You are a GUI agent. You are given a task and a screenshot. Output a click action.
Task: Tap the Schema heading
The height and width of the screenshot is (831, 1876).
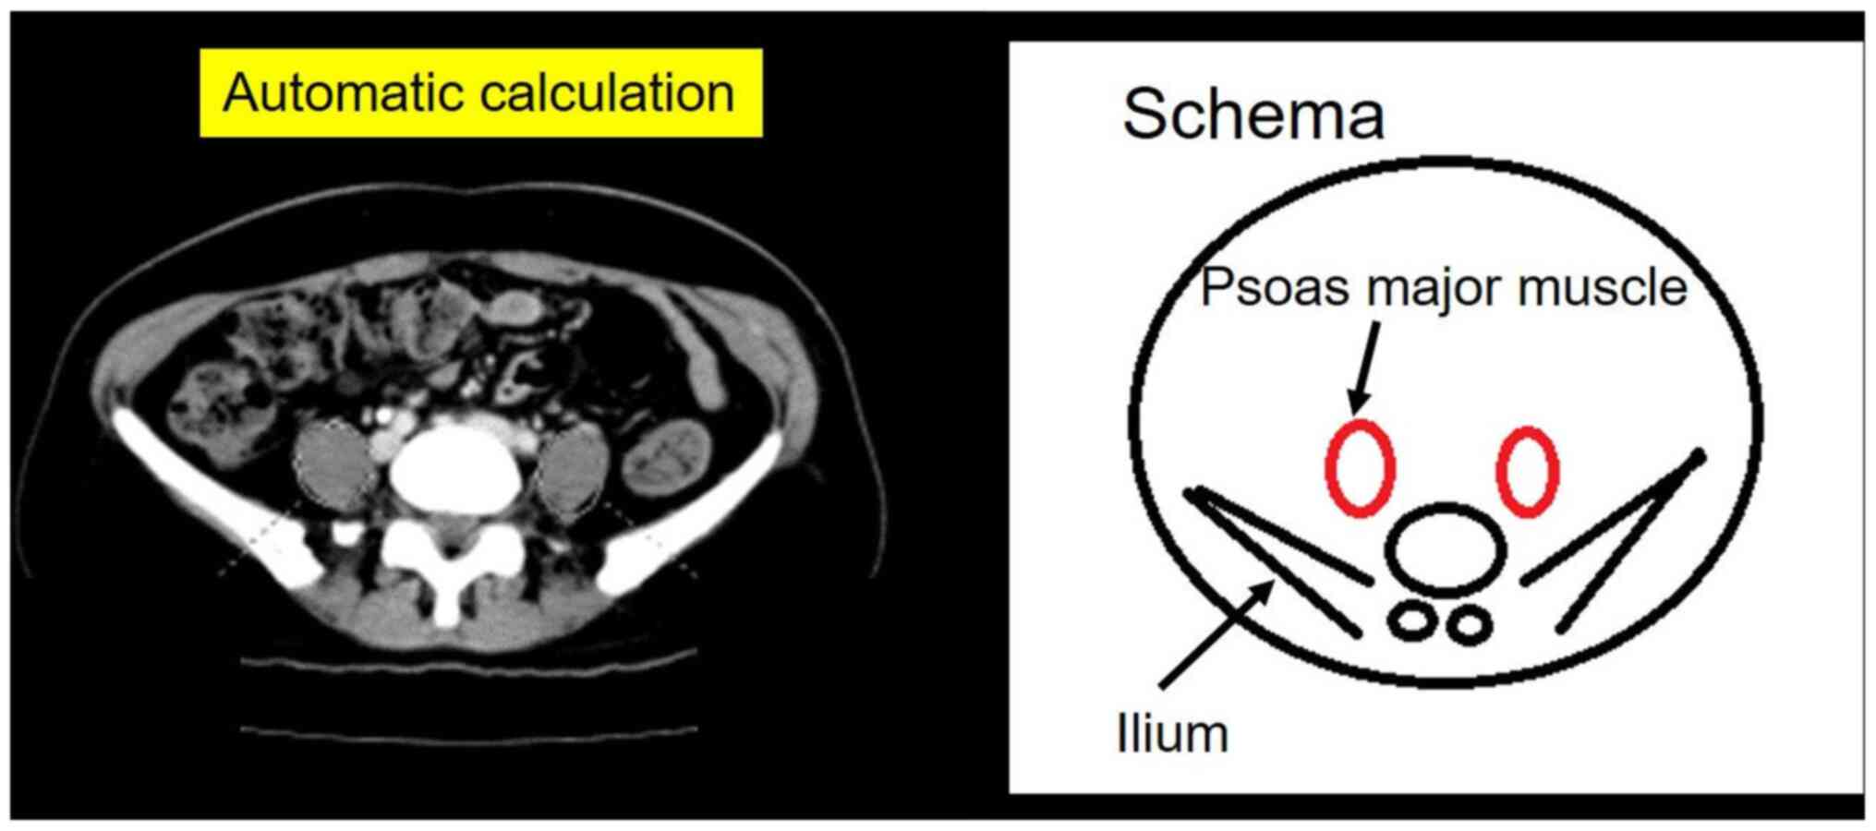1253,114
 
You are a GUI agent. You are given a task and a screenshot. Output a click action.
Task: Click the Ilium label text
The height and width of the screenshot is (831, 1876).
1172,735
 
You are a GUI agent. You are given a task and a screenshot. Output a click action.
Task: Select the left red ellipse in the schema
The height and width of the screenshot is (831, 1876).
1359,467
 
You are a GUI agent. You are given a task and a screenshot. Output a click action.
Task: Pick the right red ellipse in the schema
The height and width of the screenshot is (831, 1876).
1528,469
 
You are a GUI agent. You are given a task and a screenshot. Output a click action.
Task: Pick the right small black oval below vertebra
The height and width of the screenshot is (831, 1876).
1469,625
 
